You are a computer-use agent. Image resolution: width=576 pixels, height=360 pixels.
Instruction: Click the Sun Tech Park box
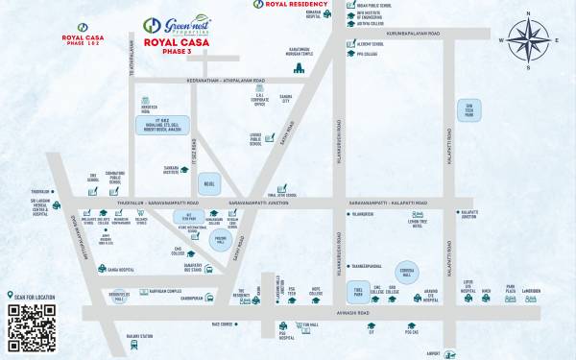[470, 109]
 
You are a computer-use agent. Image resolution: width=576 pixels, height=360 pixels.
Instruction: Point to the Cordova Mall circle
[408, 272]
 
